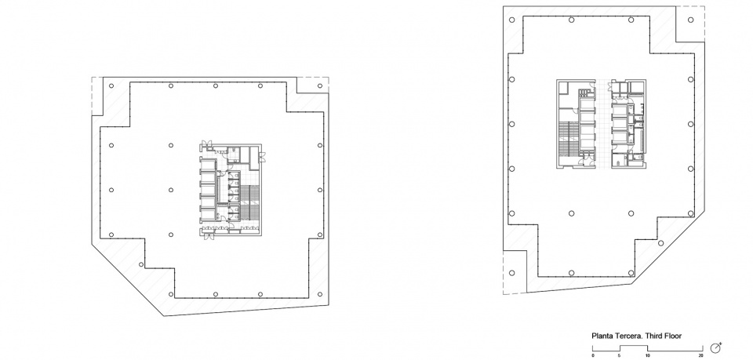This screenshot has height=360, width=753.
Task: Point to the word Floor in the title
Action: pyautogui.click(x=673, y=336)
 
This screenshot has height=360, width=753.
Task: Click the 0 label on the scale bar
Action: pyautogui.click(x=593, y=355)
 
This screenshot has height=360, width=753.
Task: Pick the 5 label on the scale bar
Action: pyautogui.click(x=620, y=355)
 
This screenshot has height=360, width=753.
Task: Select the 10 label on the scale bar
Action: pyautogui.click(x=647, y=355)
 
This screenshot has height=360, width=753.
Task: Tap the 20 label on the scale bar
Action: pyautogui.click(x=701, y=355)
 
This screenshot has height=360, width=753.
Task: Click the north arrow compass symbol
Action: pyautogui.click(x=715, y=348)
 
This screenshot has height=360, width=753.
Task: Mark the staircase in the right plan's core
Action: pyautogui.click(x=568, y=139)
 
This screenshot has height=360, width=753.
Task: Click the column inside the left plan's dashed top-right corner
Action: pyautogui.click(x=320, y=86)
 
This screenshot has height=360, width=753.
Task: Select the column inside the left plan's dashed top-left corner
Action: pyautogui.click(x=111, y=86)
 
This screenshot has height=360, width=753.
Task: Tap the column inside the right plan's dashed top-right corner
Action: pyautogui.click(x=690, y=20)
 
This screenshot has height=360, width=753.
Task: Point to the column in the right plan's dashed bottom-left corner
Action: pyautogui.click(x=512, y=273)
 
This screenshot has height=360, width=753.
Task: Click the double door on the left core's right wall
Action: pyautogui.click(x=262, y=157)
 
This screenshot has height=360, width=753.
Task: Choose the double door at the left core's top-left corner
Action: pyautogui.click(x=206, y=143)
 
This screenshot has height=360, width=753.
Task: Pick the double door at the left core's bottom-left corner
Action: pyautogui.click(x=206, y=236)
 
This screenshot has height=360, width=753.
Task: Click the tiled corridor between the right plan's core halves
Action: pyautogui.click(x=604, y=124)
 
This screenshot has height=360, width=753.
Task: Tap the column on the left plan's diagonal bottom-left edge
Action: pyautogui.click(x=141, y=264)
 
